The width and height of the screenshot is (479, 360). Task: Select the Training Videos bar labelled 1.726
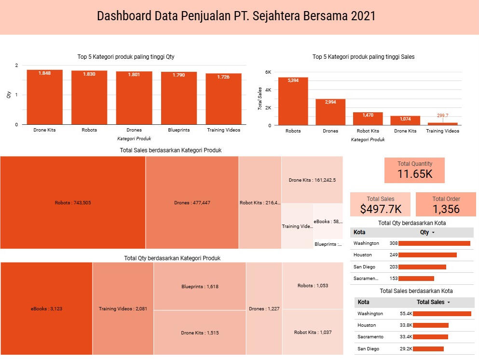pos(223,99)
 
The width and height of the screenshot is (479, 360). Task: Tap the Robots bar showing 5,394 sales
pos(293,101)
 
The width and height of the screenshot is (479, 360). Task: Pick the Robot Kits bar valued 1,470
pos(368,119)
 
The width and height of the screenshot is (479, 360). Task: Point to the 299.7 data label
pos(442,116)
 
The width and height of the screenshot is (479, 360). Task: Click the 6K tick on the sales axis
pos(268,72)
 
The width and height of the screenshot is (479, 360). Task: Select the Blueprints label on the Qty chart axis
pos(178,130)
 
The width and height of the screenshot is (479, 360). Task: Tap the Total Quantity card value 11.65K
pos(415,174)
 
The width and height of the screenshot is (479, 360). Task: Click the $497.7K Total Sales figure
pos(381,209)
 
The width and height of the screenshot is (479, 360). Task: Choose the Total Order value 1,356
pos(446,209)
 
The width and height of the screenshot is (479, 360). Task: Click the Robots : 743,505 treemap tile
pos(73,203)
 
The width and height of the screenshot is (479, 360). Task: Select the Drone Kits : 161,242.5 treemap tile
pos(312,180)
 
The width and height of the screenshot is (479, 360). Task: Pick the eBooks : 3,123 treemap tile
pos(46,309)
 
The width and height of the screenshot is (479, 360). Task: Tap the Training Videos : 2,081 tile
pos(123,309)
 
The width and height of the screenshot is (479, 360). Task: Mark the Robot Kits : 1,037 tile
pos(313,332)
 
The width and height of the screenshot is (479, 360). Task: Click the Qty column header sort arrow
pos(433,233)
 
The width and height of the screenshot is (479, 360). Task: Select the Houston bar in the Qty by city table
pos(427,255)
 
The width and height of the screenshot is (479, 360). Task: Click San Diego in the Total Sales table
pos(368,348)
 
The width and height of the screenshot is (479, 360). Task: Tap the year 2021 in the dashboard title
pos(363,16)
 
